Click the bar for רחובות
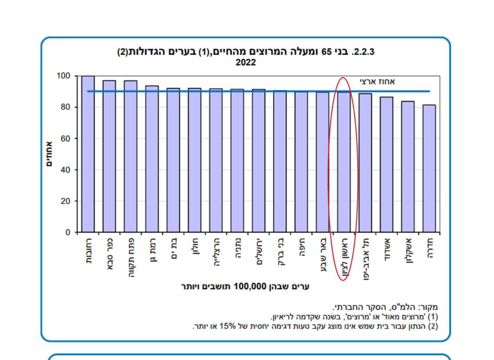(x=88, y=154)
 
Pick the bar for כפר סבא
(x=109, y=156)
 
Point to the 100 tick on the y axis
(x=63, y=76)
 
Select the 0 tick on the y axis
(x=68, y=232)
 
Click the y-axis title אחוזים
(x=49, y=154)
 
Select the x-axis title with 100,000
(x=245, y=287)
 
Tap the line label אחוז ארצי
(x=377, y=81)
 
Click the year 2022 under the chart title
(x=245, y=63)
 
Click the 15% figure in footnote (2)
(x=229, y=326)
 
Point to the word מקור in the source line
(x=430, y=307)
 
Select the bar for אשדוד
(x=386, y=165)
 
